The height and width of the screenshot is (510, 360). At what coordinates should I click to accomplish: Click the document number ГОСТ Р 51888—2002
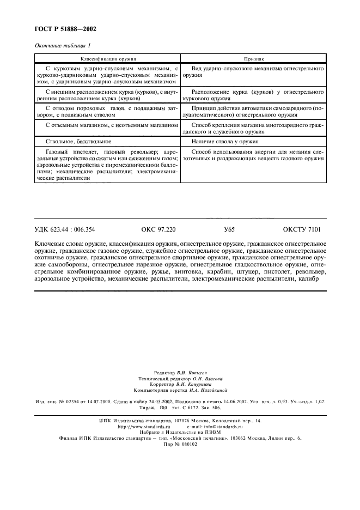(61, 28)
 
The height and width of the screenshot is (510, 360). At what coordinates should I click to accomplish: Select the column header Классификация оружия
(108, 58)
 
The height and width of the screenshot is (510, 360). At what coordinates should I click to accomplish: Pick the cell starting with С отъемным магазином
(108, 125)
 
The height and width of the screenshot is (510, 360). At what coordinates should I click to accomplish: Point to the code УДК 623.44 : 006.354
(64, 230)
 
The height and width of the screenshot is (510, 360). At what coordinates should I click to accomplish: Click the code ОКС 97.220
(158, 230)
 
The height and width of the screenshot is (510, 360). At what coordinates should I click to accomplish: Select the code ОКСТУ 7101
(302, 230)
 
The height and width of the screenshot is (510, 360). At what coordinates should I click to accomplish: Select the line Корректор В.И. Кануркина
(180, 384)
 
